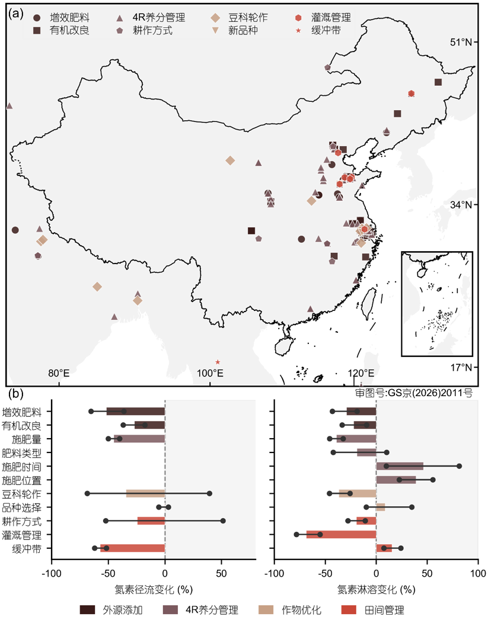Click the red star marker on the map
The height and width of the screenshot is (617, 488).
pos(218,362)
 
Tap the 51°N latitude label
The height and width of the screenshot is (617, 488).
pos(461,42)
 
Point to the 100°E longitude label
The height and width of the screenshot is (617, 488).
pos(210,373)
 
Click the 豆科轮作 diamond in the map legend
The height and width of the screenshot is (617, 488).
pos(215,18)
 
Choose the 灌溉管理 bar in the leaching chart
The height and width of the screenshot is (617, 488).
pos(342,534)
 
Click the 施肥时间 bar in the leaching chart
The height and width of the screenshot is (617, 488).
pos(400,466)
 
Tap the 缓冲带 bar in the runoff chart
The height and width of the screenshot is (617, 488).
pos(133,548)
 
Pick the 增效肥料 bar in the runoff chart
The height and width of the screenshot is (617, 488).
pos(136,412)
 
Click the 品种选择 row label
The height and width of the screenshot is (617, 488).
pos(22,507)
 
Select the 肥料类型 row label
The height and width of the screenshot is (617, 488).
pos(22,453)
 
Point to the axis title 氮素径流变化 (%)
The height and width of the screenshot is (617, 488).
pos(154,589)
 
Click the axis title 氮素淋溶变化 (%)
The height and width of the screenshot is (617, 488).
pos(377,589)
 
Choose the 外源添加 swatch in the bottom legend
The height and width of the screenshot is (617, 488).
pos(88,610)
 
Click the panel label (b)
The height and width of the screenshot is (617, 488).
pos(15,394)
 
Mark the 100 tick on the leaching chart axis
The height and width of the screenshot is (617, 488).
pos(478,573)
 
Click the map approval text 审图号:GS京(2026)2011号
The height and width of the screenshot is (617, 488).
pos(413,393)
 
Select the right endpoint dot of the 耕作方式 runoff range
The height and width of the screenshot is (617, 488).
pos(223,521)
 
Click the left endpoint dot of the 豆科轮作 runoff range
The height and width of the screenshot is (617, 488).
pos(87,493)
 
